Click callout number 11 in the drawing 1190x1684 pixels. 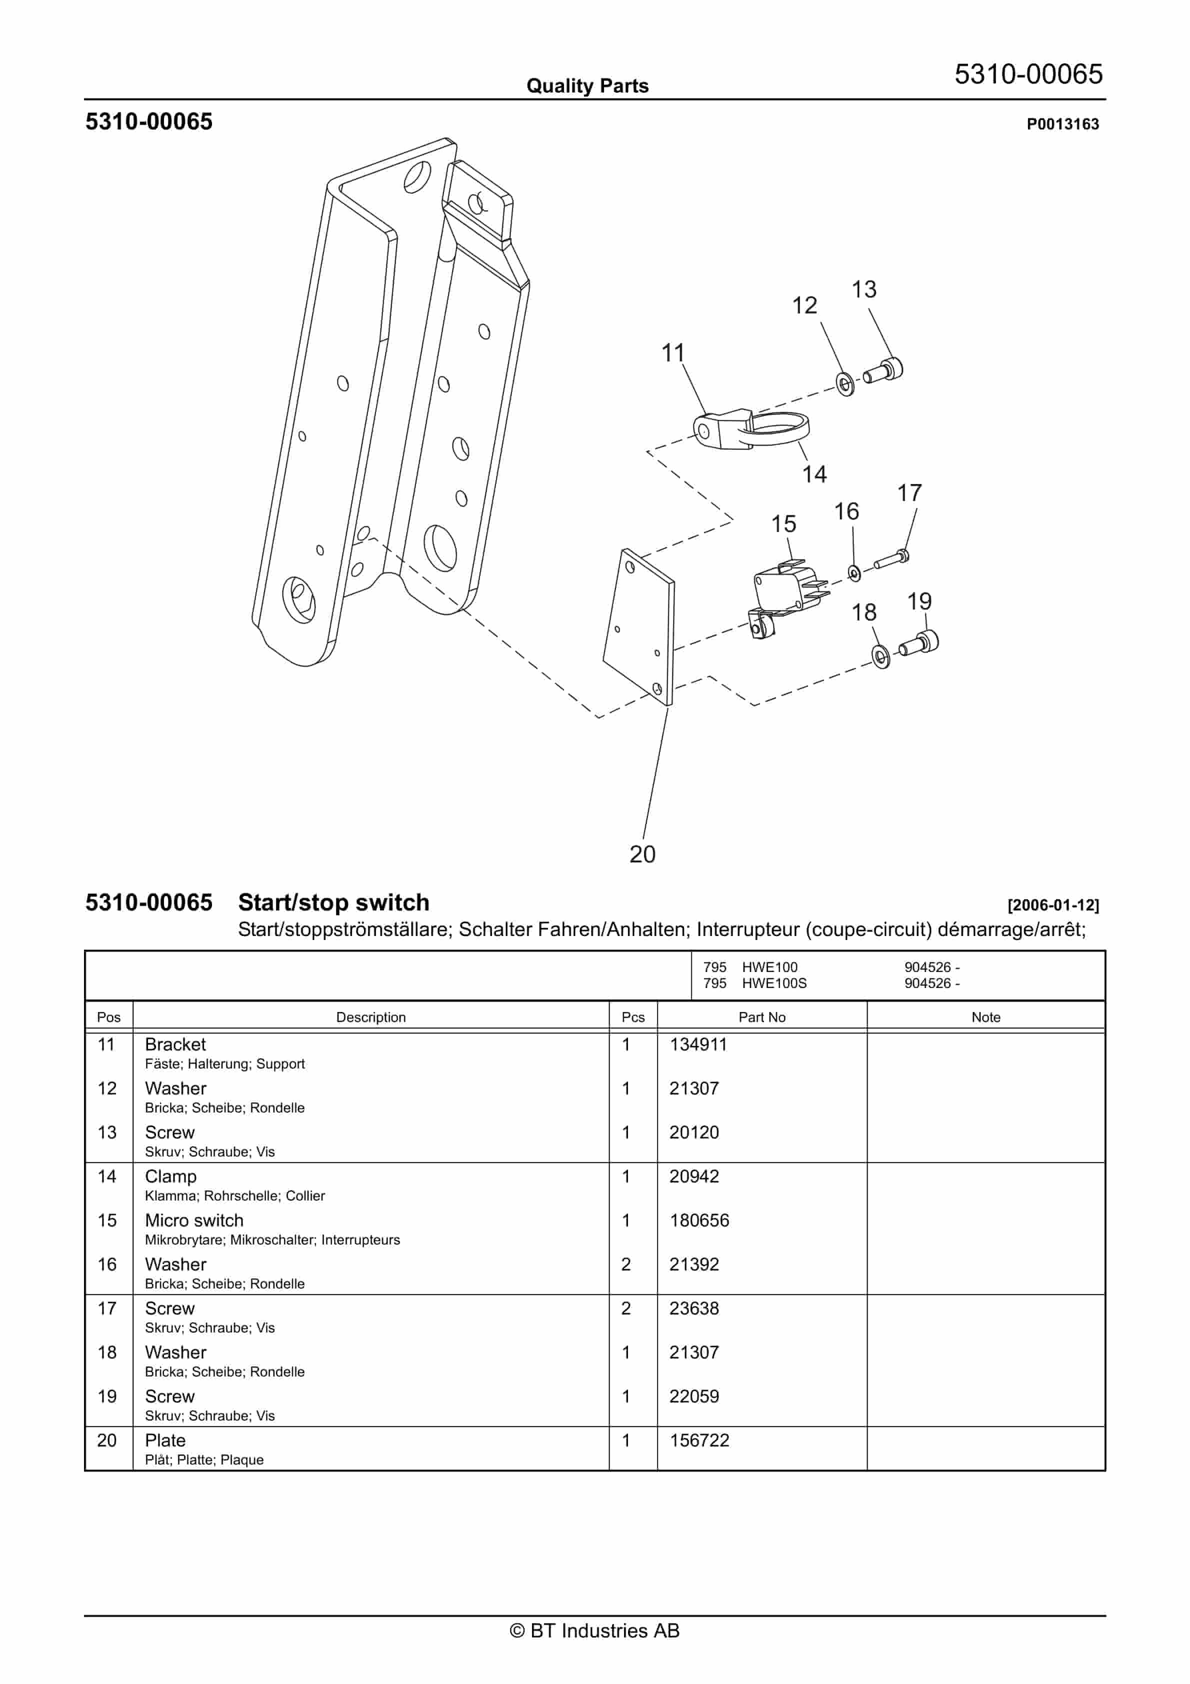pos(673,353)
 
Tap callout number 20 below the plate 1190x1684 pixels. pos(642,854)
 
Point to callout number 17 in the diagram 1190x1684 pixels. pos(909,493)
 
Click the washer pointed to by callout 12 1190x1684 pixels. pos(845,383)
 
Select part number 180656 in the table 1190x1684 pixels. pos(699,1220)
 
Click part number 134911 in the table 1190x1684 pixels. pos(697,1044)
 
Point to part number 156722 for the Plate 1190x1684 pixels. pos(699,1440)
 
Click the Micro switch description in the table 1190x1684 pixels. pos(194,1220)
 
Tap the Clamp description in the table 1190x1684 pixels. pos(171,1176)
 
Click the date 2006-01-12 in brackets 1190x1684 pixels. pos(1053,905)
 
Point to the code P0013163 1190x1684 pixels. pos(1062,124)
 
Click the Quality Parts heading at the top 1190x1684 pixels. pos(587,86)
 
